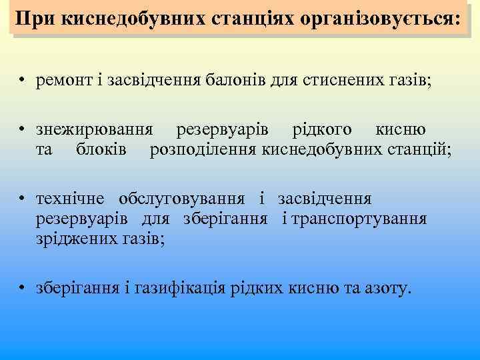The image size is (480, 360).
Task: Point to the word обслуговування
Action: click(183, 199)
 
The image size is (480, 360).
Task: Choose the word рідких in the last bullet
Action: click(255, 289)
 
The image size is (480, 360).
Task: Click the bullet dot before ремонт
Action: click(23, 82)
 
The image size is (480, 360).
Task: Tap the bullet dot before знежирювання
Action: click(23, 130)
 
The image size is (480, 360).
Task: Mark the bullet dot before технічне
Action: click(23, 200)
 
